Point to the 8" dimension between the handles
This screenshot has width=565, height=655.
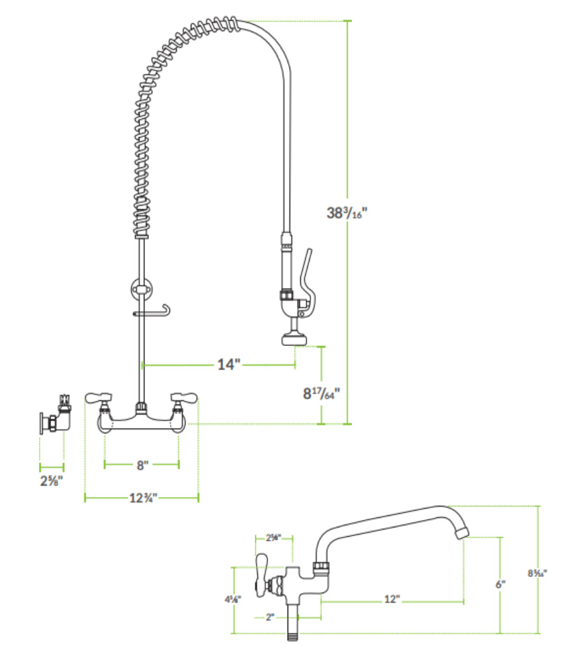click(141, 464)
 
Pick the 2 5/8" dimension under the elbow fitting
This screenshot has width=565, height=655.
click(52, 482)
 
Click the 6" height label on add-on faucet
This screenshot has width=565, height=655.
click(500, 584)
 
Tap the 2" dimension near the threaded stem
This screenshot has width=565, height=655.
click(270, 617)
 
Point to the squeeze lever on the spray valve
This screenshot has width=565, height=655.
click(307, 269)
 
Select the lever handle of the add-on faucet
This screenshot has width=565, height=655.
click(262, 565)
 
